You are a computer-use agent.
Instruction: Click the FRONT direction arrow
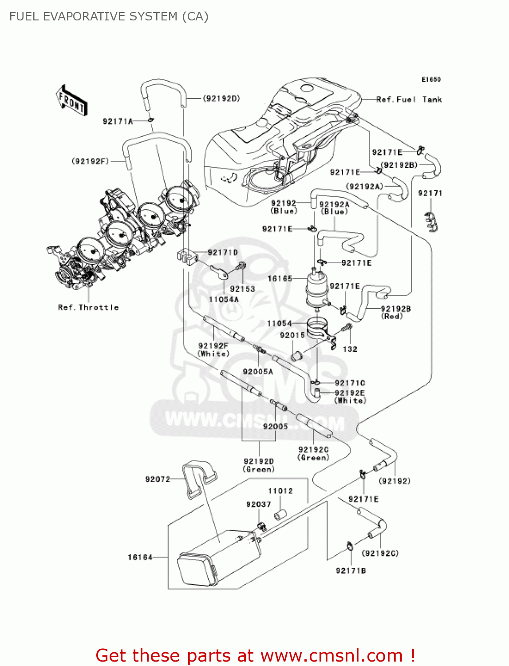[71, 101]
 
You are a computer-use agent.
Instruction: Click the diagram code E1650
[431, 79]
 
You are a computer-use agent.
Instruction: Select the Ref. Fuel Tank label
[409, 99]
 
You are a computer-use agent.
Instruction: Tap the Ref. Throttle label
[88, 307]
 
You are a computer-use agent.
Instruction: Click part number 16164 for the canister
[140, 557]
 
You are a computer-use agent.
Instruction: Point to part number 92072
[158, 479]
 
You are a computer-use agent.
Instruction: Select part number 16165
[280, 278]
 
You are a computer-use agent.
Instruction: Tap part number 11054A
[224, 299]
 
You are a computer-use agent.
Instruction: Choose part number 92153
[242, 289]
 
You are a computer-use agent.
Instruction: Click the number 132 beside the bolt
[350, 349]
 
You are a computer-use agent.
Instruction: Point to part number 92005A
[258, 372]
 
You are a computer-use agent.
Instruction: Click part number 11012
[280, 491]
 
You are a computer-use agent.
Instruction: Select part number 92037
[258, 504]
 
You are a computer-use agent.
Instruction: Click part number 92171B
[351, 571]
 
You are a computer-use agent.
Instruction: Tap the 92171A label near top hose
[118, 121]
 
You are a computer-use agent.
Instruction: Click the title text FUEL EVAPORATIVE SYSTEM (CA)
[109, 16]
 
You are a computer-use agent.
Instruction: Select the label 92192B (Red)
[395, 312]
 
